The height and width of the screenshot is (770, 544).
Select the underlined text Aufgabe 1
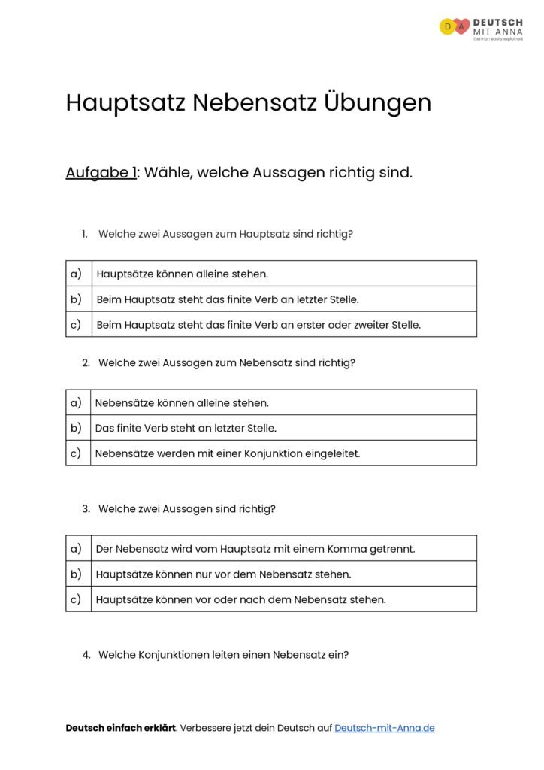(101, 173)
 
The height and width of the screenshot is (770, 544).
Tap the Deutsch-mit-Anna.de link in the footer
(384, 728)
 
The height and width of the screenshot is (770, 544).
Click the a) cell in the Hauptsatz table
(77, 274)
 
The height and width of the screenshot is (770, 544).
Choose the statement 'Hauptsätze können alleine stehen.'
(183, 274)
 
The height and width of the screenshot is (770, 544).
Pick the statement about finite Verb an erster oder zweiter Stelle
(258, 325)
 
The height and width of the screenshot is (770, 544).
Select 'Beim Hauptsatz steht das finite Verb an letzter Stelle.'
(228, 299)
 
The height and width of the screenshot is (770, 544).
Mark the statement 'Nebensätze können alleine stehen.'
(182, 403)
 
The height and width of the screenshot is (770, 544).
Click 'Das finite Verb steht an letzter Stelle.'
(186, 428)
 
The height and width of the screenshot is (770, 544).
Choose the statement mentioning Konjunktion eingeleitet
(228, 453)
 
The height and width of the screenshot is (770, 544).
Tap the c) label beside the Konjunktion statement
(77, 453)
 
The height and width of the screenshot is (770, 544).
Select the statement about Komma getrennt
(255, 549)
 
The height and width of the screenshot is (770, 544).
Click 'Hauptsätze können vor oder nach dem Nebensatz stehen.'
(241, 600)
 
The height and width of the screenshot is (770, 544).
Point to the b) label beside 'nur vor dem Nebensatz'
(77, 574)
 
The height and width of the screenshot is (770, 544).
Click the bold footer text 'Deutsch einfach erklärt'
(120, 728)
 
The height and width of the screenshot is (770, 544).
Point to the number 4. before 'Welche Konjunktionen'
(86, 655)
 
